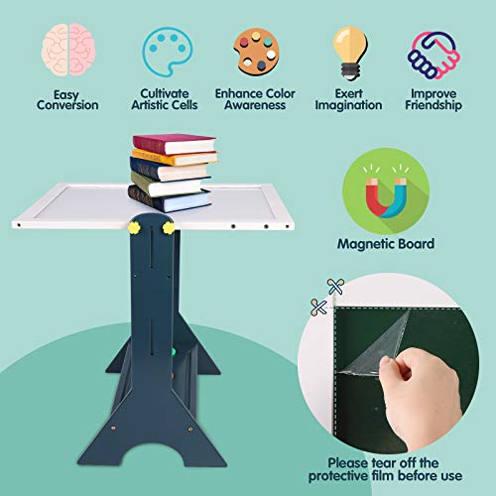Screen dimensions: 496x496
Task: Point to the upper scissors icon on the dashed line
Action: (x=336, y=285)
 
